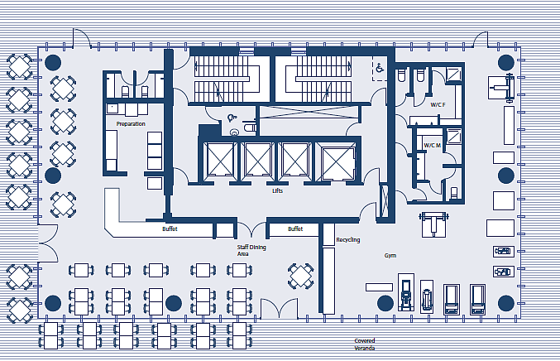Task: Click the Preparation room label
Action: (131, 123)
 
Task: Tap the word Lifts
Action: (277, 191)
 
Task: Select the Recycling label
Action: (348, 240)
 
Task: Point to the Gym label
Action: (390, 256)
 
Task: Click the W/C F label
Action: (438, 104)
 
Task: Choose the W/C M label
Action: (432, 146)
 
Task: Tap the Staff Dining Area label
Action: (251, 250)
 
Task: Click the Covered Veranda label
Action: (365, 344)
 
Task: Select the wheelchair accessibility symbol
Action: (380, 67)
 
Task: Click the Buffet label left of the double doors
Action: (170, 229)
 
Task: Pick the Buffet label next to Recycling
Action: (295, 229)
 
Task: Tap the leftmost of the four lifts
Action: (220, 160)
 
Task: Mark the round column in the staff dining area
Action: (174, 303)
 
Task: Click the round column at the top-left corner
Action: (53, 63)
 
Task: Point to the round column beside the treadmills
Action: (385, 303)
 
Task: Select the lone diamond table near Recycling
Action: (301, 276)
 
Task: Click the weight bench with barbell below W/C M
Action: (433, 224)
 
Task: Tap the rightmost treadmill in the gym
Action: (477, 300)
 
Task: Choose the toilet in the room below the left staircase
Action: (250, 126)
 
